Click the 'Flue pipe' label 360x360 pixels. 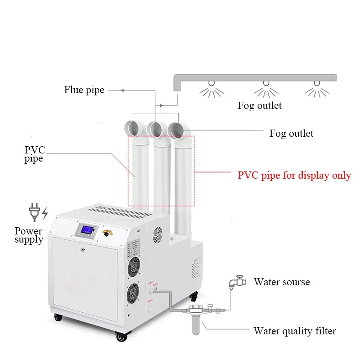(x=84, y=90)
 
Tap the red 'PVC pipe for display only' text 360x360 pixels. (x=294, y=175)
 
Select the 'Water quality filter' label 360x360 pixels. (x=295, y=331)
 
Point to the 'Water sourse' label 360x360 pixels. (x=282, y=282)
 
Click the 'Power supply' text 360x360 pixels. (x=29, y=235)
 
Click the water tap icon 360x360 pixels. (x=236, y=282)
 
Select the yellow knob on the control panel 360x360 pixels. (x=107, y=233)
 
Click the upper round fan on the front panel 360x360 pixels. (x=134, y=264)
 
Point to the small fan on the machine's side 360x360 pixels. (x=158, y=234)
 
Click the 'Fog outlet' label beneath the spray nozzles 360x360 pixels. (x=260, y=106)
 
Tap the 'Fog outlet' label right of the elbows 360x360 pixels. (x=291, y=133)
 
